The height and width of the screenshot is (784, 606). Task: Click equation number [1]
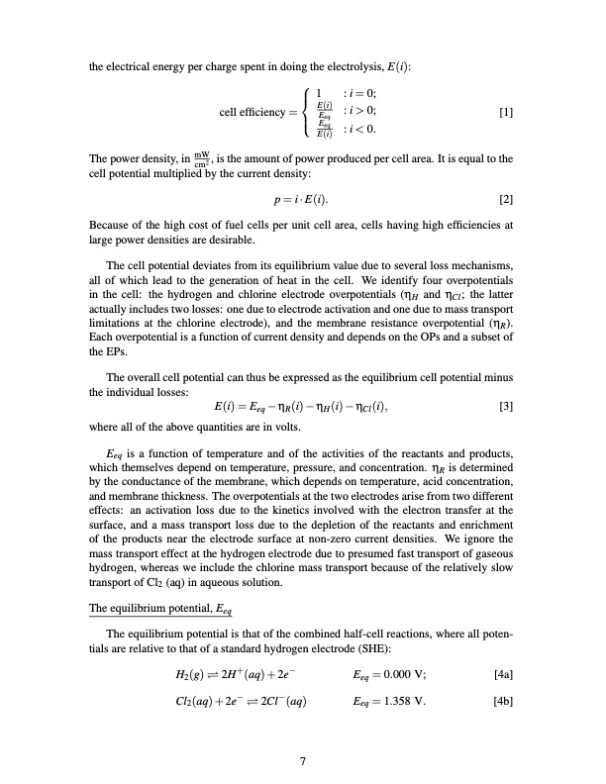point(506,112)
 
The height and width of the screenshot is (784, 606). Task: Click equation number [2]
point(506,199)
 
